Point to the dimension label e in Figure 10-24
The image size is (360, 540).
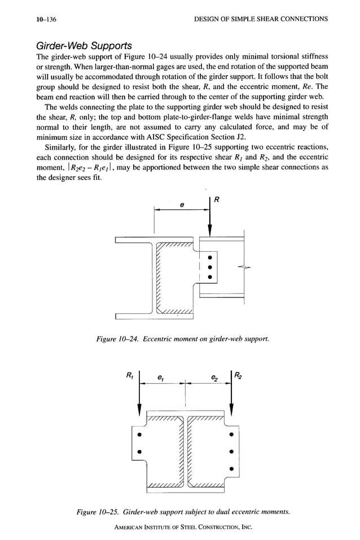(x=182, y=205)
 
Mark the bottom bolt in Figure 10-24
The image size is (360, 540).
(x=209, y=278)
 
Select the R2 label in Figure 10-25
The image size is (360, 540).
(x=239, y=374)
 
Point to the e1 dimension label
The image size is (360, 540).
(x=161, y=376)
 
